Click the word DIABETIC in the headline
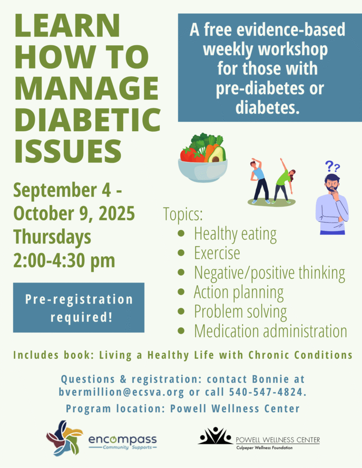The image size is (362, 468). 88,120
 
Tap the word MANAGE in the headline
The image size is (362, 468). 86,88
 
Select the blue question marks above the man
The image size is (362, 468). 332,166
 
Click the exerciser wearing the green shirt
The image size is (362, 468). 283,181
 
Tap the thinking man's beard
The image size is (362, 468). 332,188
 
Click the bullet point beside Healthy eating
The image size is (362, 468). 181,234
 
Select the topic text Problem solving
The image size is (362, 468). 240,312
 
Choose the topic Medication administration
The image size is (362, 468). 270,331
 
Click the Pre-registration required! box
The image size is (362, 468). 79,308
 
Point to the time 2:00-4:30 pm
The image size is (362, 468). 64,261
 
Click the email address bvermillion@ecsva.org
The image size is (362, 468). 121,392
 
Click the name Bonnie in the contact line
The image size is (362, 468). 270,379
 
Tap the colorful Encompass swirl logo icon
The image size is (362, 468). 64,438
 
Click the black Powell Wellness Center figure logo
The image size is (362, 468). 215,436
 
